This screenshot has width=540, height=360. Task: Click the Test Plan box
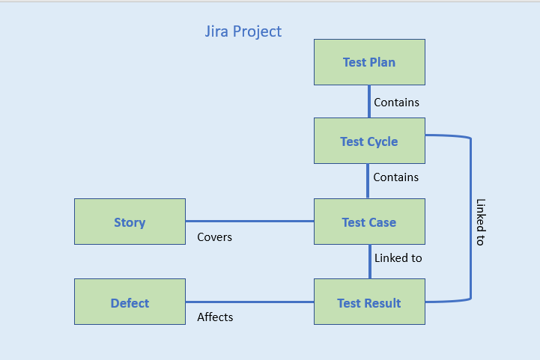tap(369, 62)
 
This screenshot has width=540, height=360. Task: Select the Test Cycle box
tap(369, 141)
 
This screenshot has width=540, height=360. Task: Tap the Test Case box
tap(369, 222)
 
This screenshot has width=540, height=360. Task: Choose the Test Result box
tap(369, 302)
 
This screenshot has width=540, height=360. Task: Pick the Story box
tap(130, 222)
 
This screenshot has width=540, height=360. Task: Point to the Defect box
tap(130, 302)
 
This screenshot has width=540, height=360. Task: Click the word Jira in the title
tap(217, 31)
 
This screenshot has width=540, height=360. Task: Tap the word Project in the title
tap(257, 32)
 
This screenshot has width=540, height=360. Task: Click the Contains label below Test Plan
tap(396, 102)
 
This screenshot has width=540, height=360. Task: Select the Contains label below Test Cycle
tap(395, 177)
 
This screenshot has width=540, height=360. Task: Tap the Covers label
tap(214, 237)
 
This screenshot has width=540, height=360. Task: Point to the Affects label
tap(215, 317)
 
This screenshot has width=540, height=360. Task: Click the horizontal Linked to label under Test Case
tap(398, 258)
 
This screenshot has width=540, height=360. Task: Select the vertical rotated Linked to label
tap(480, 222)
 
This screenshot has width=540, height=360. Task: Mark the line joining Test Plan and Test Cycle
tap(369, 101)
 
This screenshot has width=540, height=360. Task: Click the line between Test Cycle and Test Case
tap(368, 180)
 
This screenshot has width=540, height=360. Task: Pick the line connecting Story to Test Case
tap(249, 222)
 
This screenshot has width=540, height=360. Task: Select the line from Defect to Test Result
tap(249, 302)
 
